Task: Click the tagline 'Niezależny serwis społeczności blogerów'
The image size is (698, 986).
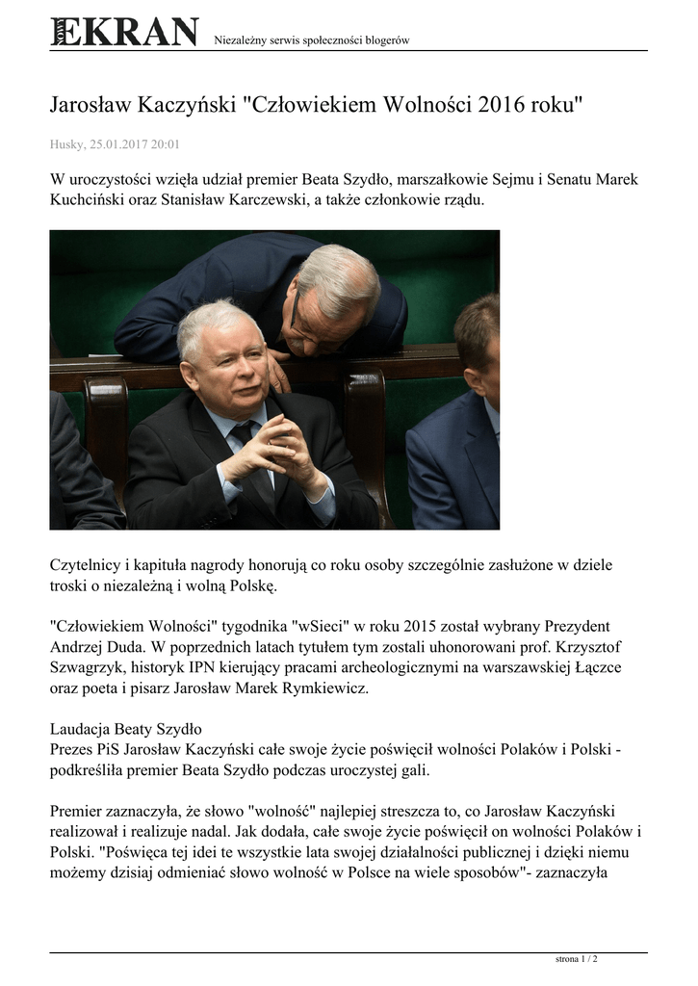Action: pos(311,39)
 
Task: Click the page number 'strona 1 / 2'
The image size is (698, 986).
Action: pos(577,959)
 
